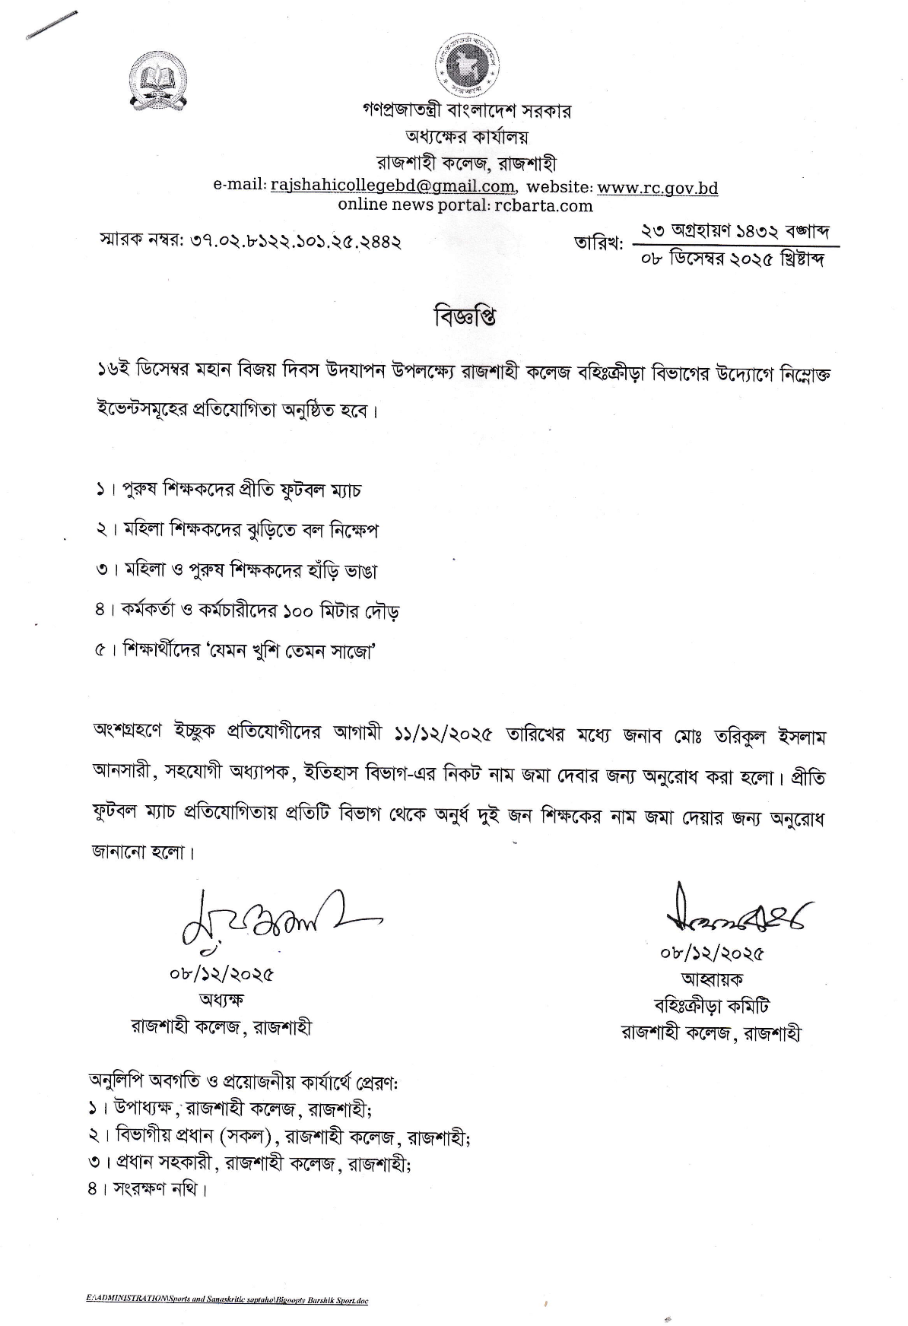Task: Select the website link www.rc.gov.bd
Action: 657,188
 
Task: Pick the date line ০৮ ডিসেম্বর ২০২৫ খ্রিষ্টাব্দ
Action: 734,260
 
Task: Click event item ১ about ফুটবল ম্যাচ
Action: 229,490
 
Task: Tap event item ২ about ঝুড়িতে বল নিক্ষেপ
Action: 237,530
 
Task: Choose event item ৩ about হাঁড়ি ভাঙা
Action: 237,570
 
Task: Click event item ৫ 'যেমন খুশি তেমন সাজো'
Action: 237,652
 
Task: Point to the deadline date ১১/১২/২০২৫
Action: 443,736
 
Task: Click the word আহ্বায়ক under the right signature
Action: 712,979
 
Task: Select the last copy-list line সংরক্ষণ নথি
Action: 148,1188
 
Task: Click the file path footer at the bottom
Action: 227,1300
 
